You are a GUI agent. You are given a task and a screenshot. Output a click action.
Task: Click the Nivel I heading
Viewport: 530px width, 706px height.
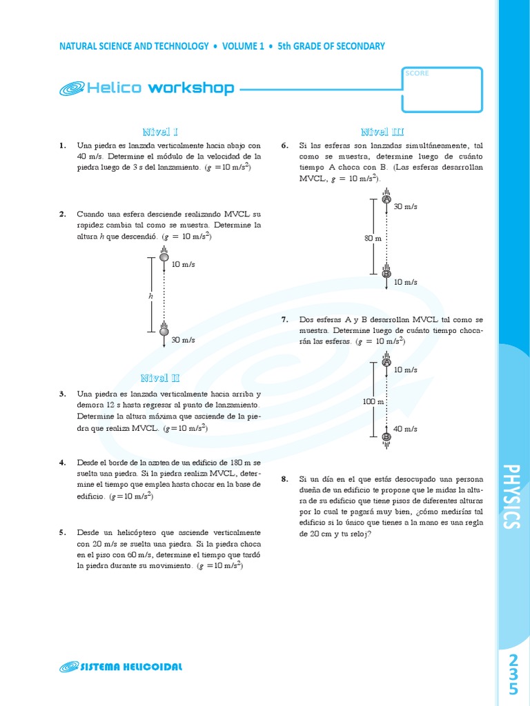[x=160, y=132]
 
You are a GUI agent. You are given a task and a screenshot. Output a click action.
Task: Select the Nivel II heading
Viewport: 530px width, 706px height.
[x=160, y=378]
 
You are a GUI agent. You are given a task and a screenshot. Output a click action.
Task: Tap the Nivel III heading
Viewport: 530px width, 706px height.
[x=382, y=132]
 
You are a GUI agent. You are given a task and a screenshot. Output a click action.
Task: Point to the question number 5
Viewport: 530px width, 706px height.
[x=62, y=532]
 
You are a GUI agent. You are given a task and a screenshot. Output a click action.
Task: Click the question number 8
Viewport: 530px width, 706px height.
[x=284, y=478]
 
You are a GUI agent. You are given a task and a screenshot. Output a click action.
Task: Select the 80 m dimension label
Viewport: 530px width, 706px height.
[x=373, y=238]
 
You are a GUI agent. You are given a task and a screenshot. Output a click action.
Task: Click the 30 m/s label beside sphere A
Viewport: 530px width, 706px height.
[x=405, y=207]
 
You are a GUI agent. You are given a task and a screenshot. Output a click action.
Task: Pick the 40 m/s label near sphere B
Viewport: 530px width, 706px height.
[x=405, y=429]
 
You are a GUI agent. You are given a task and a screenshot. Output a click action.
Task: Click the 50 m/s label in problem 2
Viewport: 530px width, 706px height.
[x=183, y=340]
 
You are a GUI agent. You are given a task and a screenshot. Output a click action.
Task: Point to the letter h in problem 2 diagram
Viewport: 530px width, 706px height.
[x=150, y=295]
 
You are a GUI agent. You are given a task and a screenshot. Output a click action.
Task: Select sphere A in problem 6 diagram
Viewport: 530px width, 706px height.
[x=386, y=199]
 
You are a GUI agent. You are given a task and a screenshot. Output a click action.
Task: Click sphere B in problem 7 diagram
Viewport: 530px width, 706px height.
[x=386, y=436]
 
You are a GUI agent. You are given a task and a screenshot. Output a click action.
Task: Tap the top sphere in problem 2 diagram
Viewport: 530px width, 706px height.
[x=164, y=257]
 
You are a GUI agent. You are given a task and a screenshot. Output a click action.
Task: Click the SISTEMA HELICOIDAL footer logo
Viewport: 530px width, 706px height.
[x=121, y=667]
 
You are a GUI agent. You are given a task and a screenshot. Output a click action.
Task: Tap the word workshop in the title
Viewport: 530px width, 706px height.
[x=191, y=88]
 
